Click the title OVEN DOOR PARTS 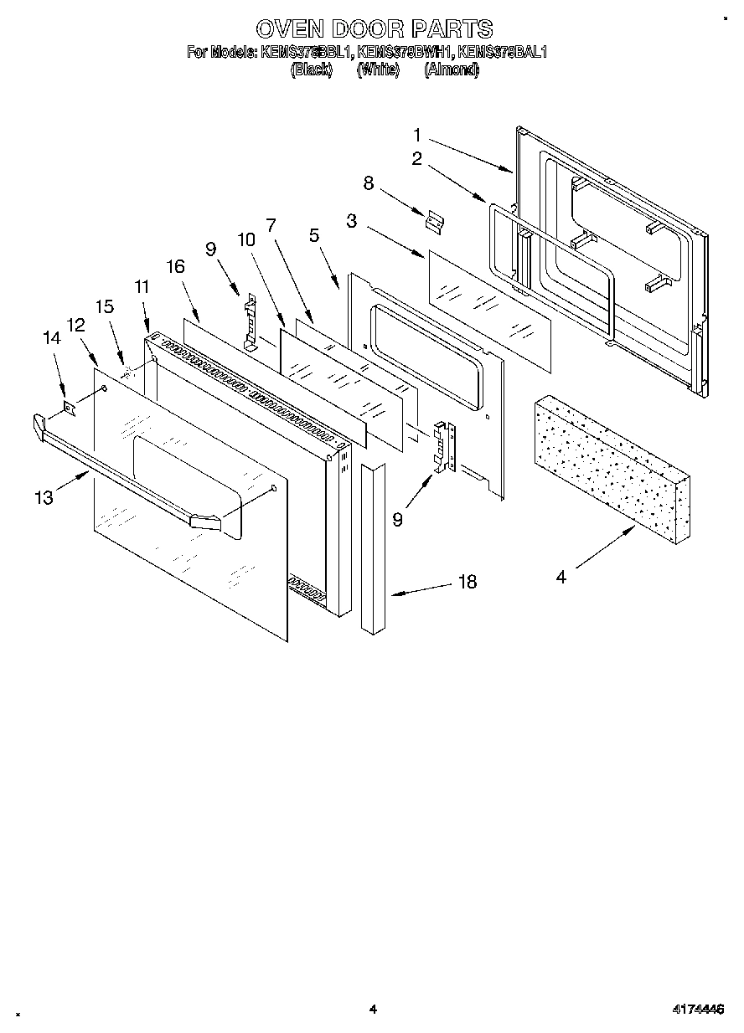tap(373, 29)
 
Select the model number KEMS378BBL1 tap(307, 52)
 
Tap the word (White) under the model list tap(378, 70)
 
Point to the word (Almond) tap(452, 70)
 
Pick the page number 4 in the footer tap(373, 1010)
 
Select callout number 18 tap(467, 581)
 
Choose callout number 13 tap(44, 497)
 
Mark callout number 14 tap(52, 338)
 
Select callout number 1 tap(416, 133)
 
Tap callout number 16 tap(175, 266)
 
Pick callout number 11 tap(142, 286)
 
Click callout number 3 tap(351, 221)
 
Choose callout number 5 tap(314, 235)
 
